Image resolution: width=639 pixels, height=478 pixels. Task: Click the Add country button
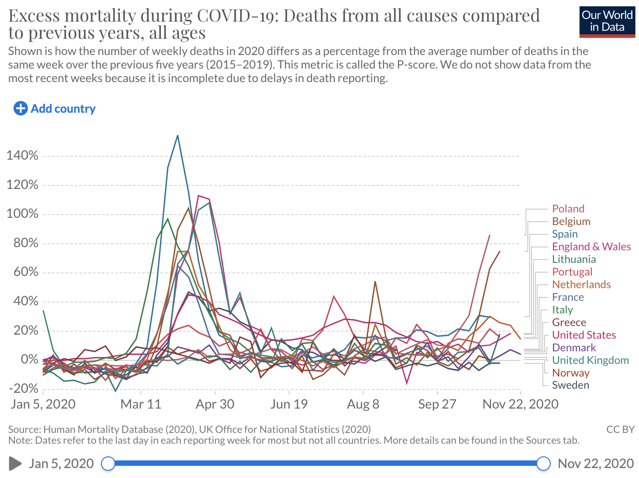pyautogui.click(x=55, y=109)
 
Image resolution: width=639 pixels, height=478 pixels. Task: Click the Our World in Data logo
pyautogui.click(x=607, y=21)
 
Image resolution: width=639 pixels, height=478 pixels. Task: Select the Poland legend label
pyautogui.click(x=568, y=209)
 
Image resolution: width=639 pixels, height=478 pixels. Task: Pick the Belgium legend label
pyautogui.click(x=571, y=221)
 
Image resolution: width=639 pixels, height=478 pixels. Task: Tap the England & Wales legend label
pyautogui.click(x=591, y=247)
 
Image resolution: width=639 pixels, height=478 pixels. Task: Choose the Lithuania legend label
pyautogui.click(x=574, y=259)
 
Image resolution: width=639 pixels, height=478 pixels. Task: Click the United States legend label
pyautogui.click(x=584, y=335)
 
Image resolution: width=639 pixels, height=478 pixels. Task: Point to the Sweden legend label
pyautogui.click(x=571, y=385)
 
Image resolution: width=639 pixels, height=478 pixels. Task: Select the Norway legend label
pyautogui.click(x=571, y=373)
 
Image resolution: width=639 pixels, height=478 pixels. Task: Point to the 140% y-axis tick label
pyautogui.click(x=23, y=156)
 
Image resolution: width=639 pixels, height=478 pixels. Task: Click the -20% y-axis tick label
pyautogui.click(x=23, y=389)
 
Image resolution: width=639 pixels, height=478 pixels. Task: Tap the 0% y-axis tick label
pyautogui.click(x=30, y=359)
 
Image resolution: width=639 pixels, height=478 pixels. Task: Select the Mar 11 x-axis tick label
pyautogui.click(x=141, y=404)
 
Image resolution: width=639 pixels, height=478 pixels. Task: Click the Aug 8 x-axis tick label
pyautogui.click(x=363, y=404)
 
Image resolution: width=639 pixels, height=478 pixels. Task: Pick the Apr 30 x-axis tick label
pyautogui.click(x=215, y=404)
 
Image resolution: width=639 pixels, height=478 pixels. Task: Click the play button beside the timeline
pyautogui.click(x=15, y=463)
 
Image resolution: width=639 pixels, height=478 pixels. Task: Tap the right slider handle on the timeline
pyautogui.click(x=544, y=463)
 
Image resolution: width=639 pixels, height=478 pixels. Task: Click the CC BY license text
pyautogui.click(x=620, y=429)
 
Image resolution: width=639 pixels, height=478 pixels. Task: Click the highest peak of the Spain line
pyautogui.click(x=178, y=136)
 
